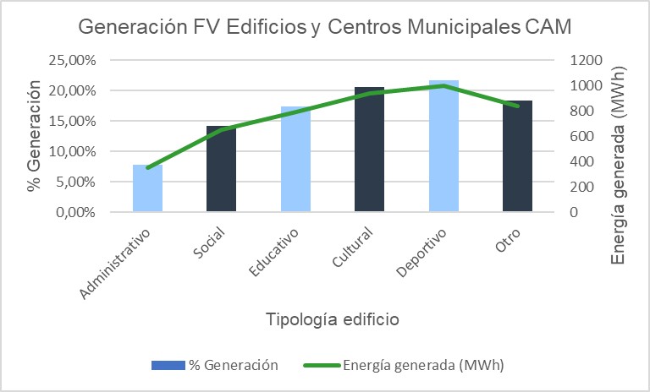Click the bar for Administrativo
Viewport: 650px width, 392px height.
[x=147, y=188]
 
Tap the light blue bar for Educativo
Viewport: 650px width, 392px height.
[x=295, y=160]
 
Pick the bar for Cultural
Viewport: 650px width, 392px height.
[x=369, y=150]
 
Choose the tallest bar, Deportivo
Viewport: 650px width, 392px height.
[x=443, y=146]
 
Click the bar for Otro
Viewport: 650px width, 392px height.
[x=517, y=156]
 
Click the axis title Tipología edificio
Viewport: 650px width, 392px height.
[x=332, y=320]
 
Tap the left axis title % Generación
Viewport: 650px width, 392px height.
[x=35, y=135]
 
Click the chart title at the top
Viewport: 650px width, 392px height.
[x=325, y=26]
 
